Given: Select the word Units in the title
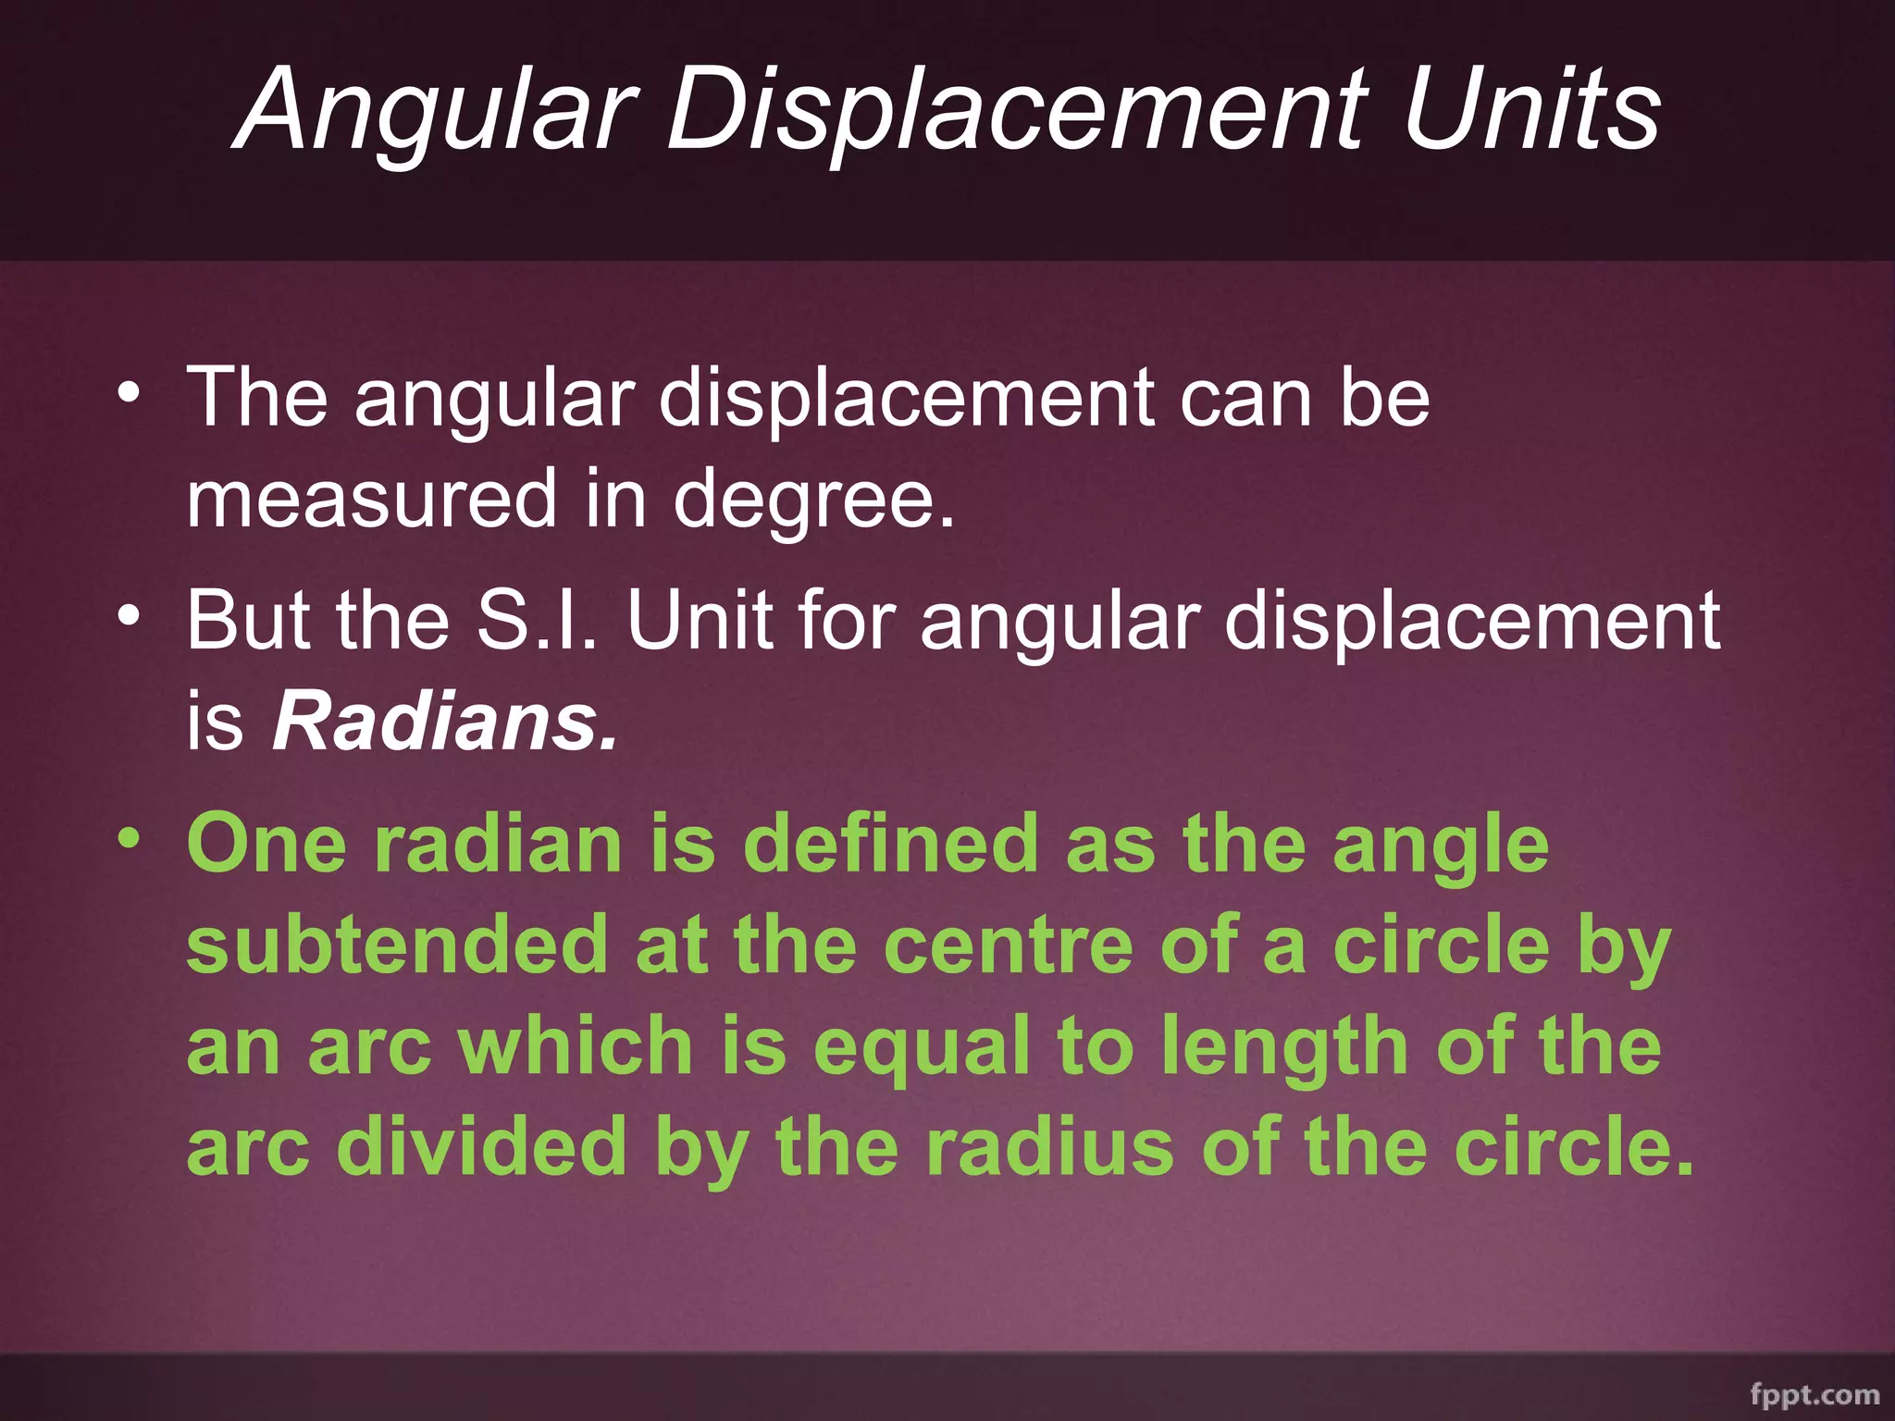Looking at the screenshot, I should tap(1531, 111).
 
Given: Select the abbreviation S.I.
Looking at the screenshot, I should tap(536, 620).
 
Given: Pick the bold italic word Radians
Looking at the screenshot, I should tap(444, 721).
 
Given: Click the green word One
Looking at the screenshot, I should tap(267, 843).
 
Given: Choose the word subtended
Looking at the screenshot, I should tap(397, 945).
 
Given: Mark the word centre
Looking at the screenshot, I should tap(1008, 946).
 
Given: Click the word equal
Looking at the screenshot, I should tap(922, 1048).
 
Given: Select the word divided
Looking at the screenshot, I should tap(481, 1147).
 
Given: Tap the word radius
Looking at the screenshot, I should tap(1050, 1147).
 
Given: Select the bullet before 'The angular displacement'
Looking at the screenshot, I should tap(130, 394).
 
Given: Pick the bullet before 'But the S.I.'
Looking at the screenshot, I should tap(130, 616).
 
